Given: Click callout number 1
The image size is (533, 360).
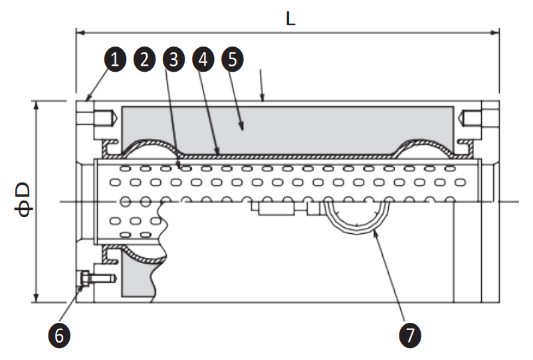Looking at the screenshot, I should [x=114, y=60].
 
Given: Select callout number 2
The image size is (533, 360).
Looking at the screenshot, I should [x=144, y=60].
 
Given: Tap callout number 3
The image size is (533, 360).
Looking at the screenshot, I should [x=173, y=60].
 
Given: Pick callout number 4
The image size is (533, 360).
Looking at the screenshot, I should [x=202, y=60].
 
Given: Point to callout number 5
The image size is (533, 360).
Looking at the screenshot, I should [x=231, y=60].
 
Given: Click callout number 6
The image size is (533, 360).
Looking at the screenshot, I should [x=59, y=335].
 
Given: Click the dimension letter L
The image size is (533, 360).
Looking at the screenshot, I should [x=290, y=19].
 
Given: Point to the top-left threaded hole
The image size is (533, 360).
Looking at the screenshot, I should [x=92, y=119].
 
